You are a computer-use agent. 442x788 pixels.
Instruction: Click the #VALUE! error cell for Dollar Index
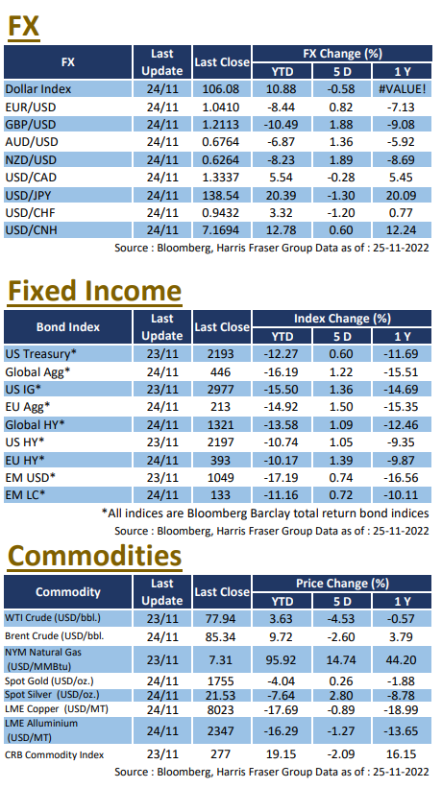click(402, 89)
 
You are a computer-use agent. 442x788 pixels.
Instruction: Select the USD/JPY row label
click(31, 195)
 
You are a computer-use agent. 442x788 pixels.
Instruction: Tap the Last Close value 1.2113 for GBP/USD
click(221, 125)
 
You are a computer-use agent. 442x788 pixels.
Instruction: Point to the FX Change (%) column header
click(342, 54)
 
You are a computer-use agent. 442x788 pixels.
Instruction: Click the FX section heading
click(23, 26)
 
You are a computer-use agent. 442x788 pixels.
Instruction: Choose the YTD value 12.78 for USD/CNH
click(282, 230)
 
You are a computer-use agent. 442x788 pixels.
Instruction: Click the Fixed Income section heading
click(94, 291)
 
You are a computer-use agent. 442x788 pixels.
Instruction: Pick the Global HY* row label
click(36, 424)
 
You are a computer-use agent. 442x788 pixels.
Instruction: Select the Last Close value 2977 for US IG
click(221, 390)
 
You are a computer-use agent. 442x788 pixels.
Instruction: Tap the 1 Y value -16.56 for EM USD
click(402, 477)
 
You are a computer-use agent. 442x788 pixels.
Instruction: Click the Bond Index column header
click(68, 327)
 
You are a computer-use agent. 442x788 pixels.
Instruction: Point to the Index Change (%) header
click(342, 318)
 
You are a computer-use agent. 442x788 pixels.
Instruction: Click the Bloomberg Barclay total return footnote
click(265, 513)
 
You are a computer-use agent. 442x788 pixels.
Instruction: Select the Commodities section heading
click(94, 556)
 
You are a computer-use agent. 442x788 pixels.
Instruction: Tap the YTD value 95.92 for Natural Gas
click(282, 659)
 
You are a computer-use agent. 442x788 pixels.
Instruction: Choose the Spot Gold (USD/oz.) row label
click(49, 681)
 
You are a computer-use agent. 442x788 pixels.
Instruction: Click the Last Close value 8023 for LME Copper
click(221, 709)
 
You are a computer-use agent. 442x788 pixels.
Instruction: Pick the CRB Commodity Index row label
click(55, 754)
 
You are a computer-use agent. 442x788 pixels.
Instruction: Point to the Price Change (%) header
click(342, 583)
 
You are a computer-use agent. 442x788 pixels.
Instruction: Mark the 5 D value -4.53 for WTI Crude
click(341, 619)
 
